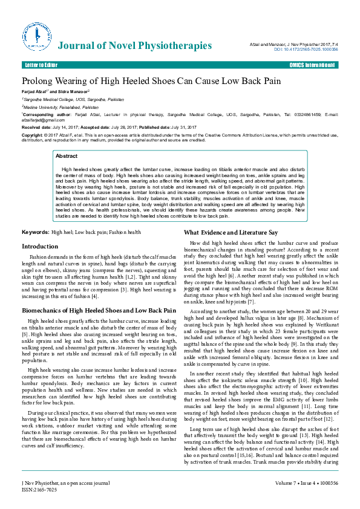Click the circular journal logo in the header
[36, 36]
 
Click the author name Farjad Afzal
[35, 91]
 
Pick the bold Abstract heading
[67, 156]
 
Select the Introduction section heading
[40, 247]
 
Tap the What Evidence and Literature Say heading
[231, 233]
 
